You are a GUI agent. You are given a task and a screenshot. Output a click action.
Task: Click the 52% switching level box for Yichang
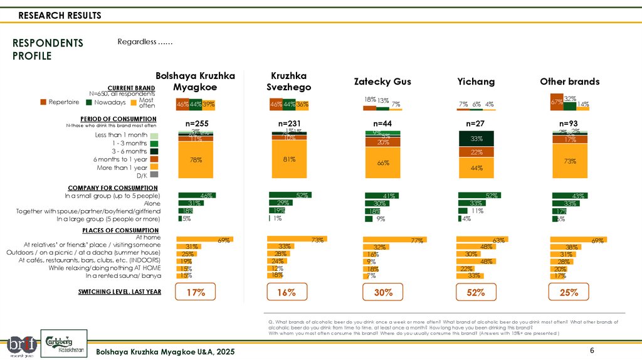tap(476, 292)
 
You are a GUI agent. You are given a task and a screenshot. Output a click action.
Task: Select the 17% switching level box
tap(196, 292)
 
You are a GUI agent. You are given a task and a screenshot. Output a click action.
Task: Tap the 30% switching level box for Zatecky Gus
tap(383, 292)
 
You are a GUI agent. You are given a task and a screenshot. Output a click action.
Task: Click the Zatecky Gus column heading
tap(382, 82)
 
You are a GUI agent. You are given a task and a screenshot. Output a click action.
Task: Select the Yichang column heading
tap(476, 82)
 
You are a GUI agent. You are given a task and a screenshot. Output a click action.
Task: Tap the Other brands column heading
tap(569, 82)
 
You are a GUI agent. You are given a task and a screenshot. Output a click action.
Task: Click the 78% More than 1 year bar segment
tap(196, 161)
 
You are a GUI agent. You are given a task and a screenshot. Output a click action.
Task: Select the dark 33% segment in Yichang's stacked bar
tap(476, 139)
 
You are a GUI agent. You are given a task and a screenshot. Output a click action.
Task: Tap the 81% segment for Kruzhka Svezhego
tap(289, 160)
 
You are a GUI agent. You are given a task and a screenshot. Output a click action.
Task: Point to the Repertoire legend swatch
tap(44, 102)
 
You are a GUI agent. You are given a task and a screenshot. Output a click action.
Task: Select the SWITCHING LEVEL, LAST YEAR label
tap(120, 292)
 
